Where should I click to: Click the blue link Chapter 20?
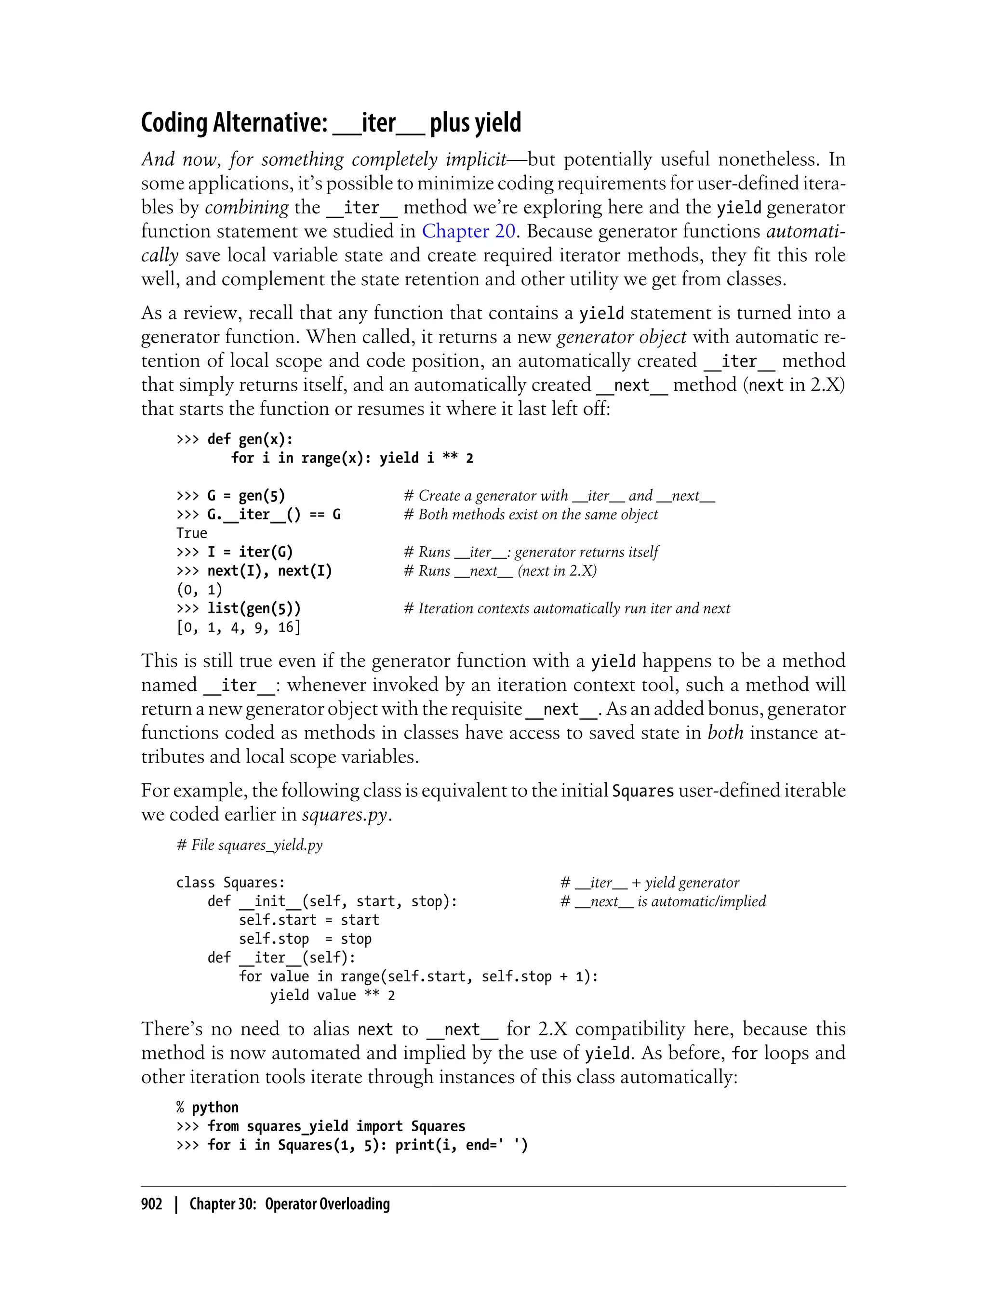pyautogui.click(x=468, y=231)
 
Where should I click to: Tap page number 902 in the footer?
pyautogui.click(x=152, y=1204)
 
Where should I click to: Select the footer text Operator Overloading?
pyautogui.click(x=327, y=1204)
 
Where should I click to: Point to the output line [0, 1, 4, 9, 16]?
pyautogui.click(x=238, y=627)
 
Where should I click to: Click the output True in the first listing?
pyautogui.click(x=191, y=533)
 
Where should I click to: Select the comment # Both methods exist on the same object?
pyautogui.click(x=531, y=515)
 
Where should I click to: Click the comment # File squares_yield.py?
pyautogui.click(x=249, y=845)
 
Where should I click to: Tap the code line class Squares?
pyautogui.click(x=230, y=883)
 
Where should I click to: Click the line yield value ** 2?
pyautogui.click(x=332, y=995)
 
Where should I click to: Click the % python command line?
pyautogui.click(x=207, y=1108)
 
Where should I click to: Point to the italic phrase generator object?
pyautogui.click(x=621, y=337)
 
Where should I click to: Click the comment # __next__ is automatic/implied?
pyautogui.click(x=663, y=901)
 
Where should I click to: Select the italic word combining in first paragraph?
pyautogui.click(x=247, y=207)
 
